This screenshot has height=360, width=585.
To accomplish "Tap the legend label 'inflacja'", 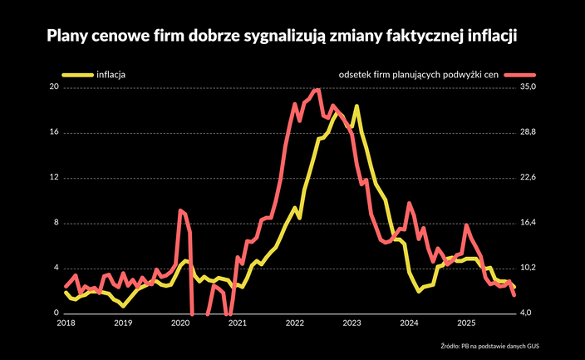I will (111, 75).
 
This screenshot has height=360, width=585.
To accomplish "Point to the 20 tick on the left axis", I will (55, 87).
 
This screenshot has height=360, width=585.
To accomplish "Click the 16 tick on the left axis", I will (55, 132).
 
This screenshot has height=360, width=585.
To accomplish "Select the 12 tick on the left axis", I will (55, 178).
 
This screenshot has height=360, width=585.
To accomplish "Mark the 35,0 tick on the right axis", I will (529, 87).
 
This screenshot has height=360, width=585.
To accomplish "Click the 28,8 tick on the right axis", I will (529, 132).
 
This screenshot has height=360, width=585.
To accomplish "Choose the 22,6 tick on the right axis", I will (529, 178).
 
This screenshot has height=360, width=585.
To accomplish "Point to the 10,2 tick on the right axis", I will (529, 268).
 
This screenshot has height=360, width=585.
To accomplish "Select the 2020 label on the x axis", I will (179, 323).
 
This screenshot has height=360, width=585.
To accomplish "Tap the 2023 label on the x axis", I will (351, 323).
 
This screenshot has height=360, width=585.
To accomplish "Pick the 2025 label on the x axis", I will (466, 323).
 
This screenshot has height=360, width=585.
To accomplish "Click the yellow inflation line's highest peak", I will (356, 106).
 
